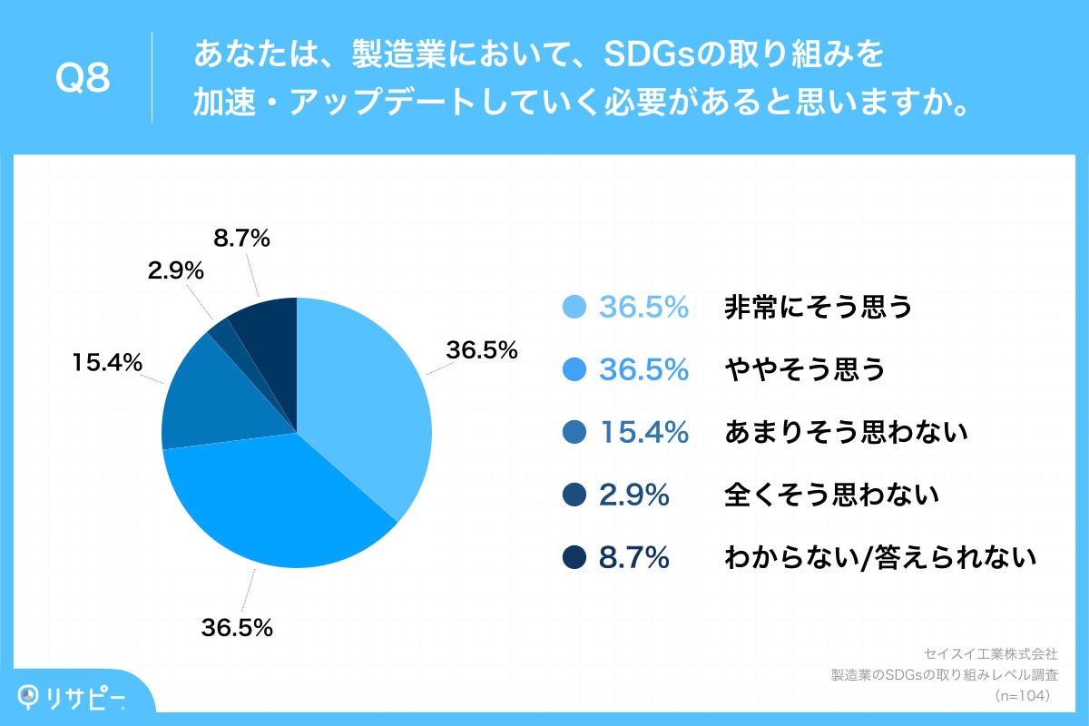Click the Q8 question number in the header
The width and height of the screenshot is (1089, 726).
[83, 79]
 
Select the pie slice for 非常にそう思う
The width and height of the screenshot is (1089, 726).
[368, 399]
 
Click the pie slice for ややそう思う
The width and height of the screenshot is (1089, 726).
[272, 508]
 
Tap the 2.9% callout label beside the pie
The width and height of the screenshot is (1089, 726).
[174, 270]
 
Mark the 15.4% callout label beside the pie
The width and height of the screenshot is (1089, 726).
[107, 363]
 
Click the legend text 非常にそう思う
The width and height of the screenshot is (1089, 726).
[817, 308]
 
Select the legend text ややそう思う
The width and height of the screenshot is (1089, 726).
[804, 370]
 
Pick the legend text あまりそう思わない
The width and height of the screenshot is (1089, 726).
[846, 433]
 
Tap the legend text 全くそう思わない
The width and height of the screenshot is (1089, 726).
[830, 495]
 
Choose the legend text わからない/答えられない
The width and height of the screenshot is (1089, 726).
[879, 558]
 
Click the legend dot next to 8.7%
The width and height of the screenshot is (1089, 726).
[574, 558]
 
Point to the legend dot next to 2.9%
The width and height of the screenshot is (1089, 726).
[574, 495]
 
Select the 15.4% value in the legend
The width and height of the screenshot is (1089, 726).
[643, 433]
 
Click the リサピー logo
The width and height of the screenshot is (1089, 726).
[73, 696]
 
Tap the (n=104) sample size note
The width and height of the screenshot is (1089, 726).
[1022, 695]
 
